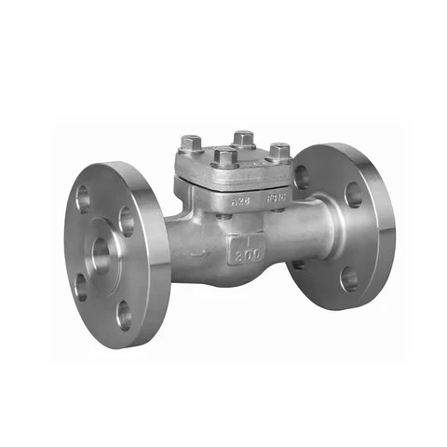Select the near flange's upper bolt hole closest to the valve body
(127, 222)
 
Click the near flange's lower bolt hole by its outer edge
(80, 284)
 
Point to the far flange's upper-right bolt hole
(353, 195)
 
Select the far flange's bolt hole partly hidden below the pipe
(297, 264)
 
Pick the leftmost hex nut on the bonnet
(191, 145)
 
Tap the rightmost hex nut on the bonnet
(278, 151)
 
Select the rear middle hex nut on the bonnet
(244, 139)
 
